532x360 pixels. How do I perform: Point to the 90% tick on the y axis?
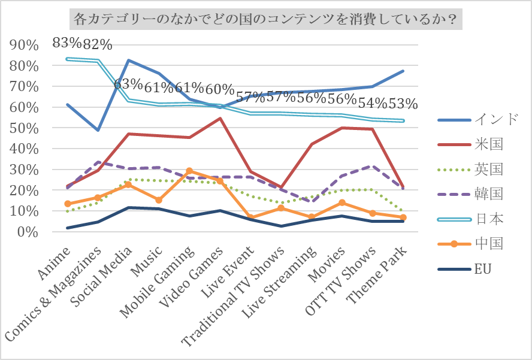pyautogui.click(x=25, y=46)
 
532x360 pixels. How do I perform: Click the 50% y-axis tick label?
pyautogui.click(x=25, y=129)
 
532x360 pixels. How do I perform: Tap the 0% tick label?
pyautogui.click(x=28, y=232)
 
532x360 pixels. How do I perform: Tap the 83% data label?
pyautogui.click(x=66, y=43)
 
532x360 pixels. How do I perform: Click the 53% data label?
pyautogui.click(x=403, y=104)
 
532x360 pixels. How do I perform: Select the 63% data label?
pyautogui.click(x=128, y=84)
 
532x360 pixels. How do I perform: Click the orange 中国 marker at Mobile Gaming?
pyautogui.click(x=189, y=171)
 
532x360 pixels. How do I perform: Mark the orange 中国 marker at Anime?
pyautogui.click(x=68, y=204)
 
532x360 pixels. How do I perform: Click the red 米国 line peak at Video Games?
pyautogui.click(x=220, y=119)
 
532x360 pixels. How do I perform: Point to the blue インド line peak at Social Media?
pyautogui.click(x=129, y=60)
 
